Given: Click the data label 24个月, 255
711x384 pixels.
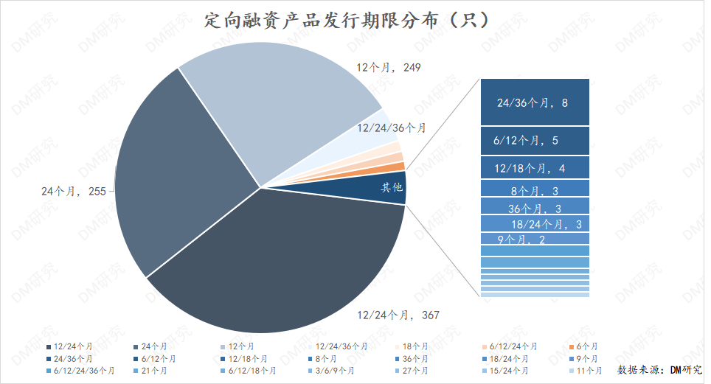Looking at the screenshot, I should point(74,191).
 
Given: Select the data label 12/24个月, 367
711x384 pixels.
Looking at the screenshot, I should point(398,315).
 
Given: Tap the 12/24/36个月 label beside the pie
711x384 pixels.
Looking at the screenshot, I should point(392,128).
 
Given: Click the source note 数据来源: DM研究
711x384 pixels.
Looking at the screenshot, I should point(659,370).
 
